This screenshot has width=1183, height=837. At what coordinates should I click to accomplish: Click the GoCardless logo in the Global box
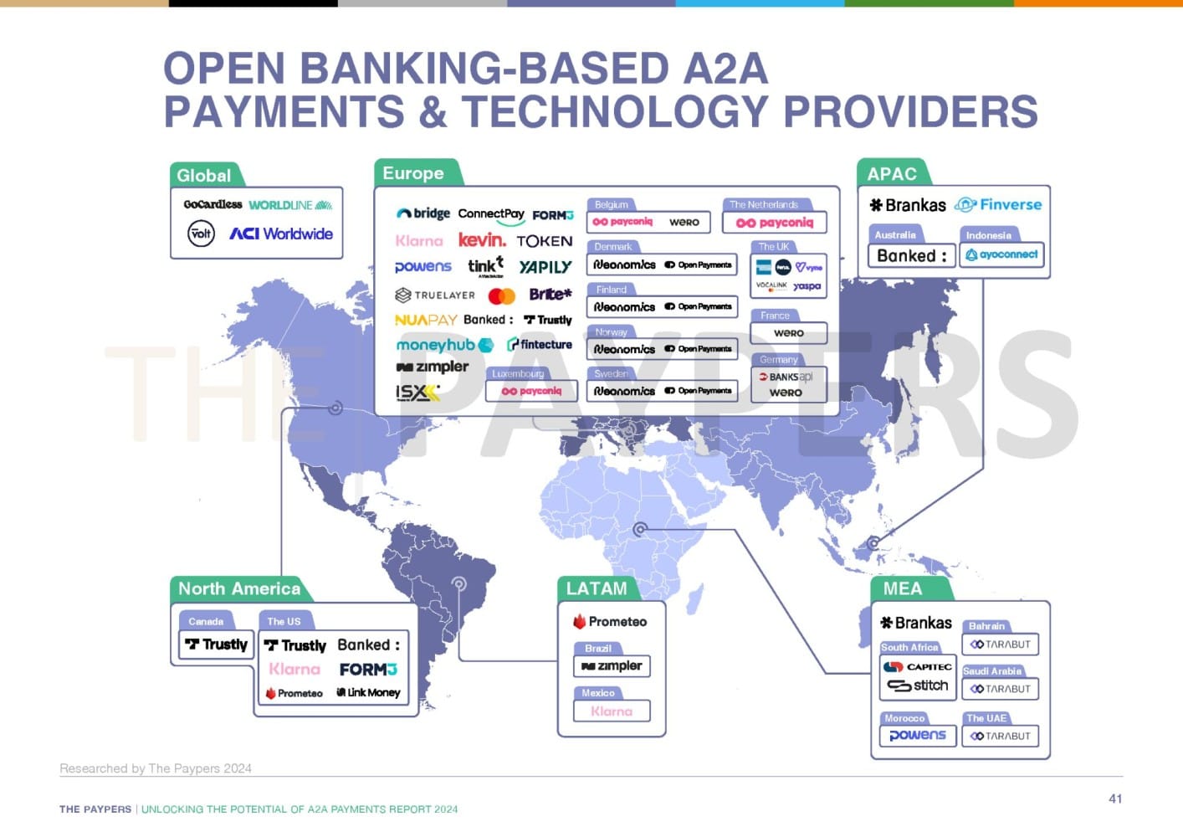tap(213, 204)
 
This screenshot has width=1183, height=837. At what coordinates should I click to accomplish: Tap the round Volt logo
tap(201, 234)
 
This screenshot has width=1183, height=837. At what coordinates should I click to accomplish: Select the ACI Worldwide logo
tap(281, 234)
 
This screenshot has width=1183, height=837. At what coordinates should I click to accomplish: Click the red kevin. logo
tap(482, 240)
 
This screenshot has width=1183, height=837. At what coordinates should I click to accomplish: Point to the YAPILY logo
tap(545, 267)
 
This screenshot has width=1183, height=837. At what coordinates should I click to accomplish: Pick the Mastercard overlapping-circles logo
tap(501, 295)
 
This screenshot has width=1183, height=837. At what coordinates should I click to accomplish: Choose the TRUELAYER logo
tap(435, 295)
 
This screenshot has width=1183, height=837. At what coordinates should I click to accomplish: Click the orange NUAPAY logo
tap(426, 320)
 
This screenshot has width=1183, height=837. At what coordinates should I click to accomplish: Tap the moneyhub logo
tap(444, 345)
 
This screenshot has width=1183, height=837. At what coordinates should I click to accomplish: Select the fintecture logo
tap(540, 344)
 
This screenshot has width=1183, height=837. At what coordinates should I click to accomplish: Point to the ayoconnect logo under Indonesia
tap(1001, 254)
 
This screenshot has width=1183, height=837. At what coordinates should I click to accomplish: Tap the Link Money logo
tap(368, 693)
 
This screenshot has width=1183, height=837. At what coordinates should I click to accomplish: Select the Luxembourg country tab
tap(518, 374)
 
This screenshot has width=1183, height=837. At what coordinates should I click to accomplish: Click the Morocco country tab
tap(904, 718)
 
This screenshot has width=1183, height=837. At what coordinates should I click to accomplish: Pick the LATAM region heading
tap(597, 588)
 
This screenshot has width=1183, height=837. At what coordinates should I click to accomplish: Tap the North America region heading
tap(239, 588)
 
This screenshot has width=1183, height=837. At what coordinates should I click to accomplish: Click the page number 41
tap(1114, 798)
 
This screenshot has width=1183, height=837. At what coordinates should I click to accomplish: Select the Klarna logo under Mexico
tap(612, 711)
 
